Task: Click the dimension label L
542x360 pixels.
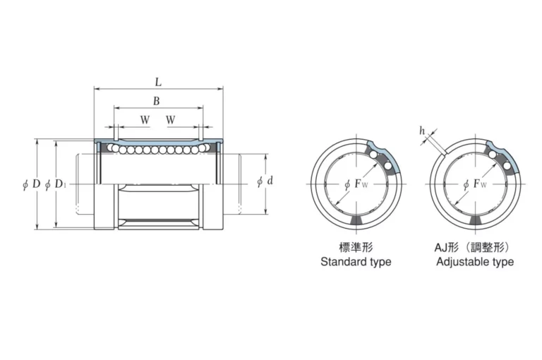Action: pyautogui.click(x=158, y=83)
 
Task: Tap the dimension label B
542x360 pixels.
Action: pyautogui.click(x=157, y=101)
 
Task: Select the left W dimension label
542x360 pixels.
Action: pyautogui.click(x=145, y=120)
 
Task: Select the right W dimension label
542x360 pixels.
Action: pyautogui.click(x=170, y=120)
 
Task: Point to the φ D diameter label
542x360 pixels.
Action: pyautogui.click(x=32, y=184)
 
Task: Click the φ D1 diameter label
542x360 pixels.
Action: pyautogui.click(x=55, y=184)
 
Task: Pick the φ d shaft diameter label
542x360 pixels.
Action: pyautogui.click(x=265, y=181)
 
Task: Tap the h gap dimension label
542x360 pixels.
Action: pyautogui.click(x=422, y=131)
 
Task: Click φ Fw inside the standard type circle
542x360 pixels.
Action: pyautogui.click(x=356, y=184)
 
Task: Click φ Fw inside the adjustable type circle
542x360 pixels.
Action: pyautogui.click(x=475, y=184)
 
